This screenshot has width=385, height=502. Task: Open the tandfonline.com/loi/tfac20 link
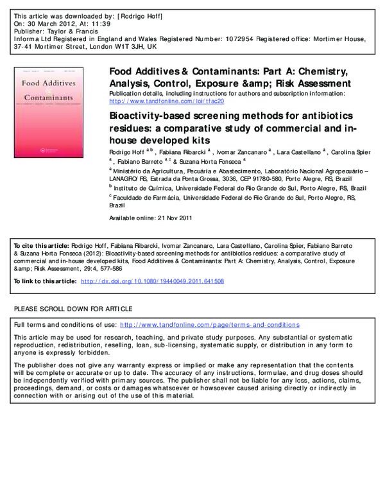166,101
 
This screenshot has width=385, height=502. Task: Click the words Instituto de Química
137,188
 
